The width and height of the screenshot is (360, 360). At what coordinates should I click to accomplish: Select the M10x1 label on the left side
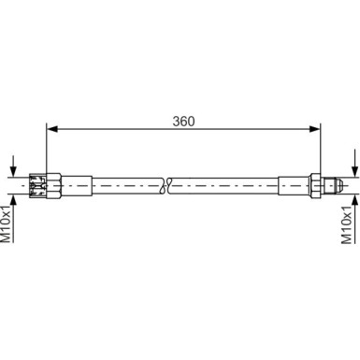(x=7, y=224)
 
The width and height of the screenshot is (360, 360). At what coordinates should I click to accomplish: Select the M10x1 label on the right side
(x=352, y=224)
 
